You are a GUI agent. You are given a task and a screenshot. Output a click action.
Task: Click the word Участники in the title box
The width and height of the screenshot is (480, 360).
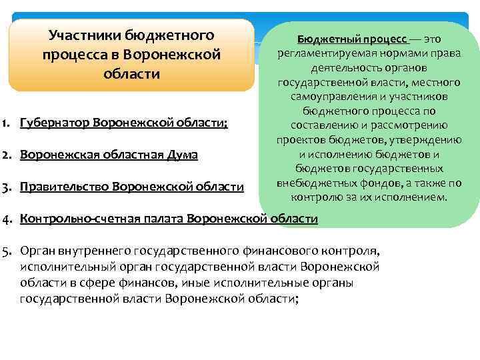coord(82,35)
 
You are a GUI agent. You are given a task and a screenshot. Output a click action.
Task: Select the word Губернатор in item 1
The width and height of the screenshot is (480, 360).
coord(56,123)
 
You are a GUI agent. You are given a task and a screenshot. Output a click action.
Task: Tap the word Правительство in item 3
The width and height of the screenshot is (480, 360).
coord(65,187)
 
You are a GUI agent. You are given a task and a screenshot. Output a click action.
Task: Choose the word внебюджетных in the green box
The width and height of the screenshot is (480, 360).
coord(316,183)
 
